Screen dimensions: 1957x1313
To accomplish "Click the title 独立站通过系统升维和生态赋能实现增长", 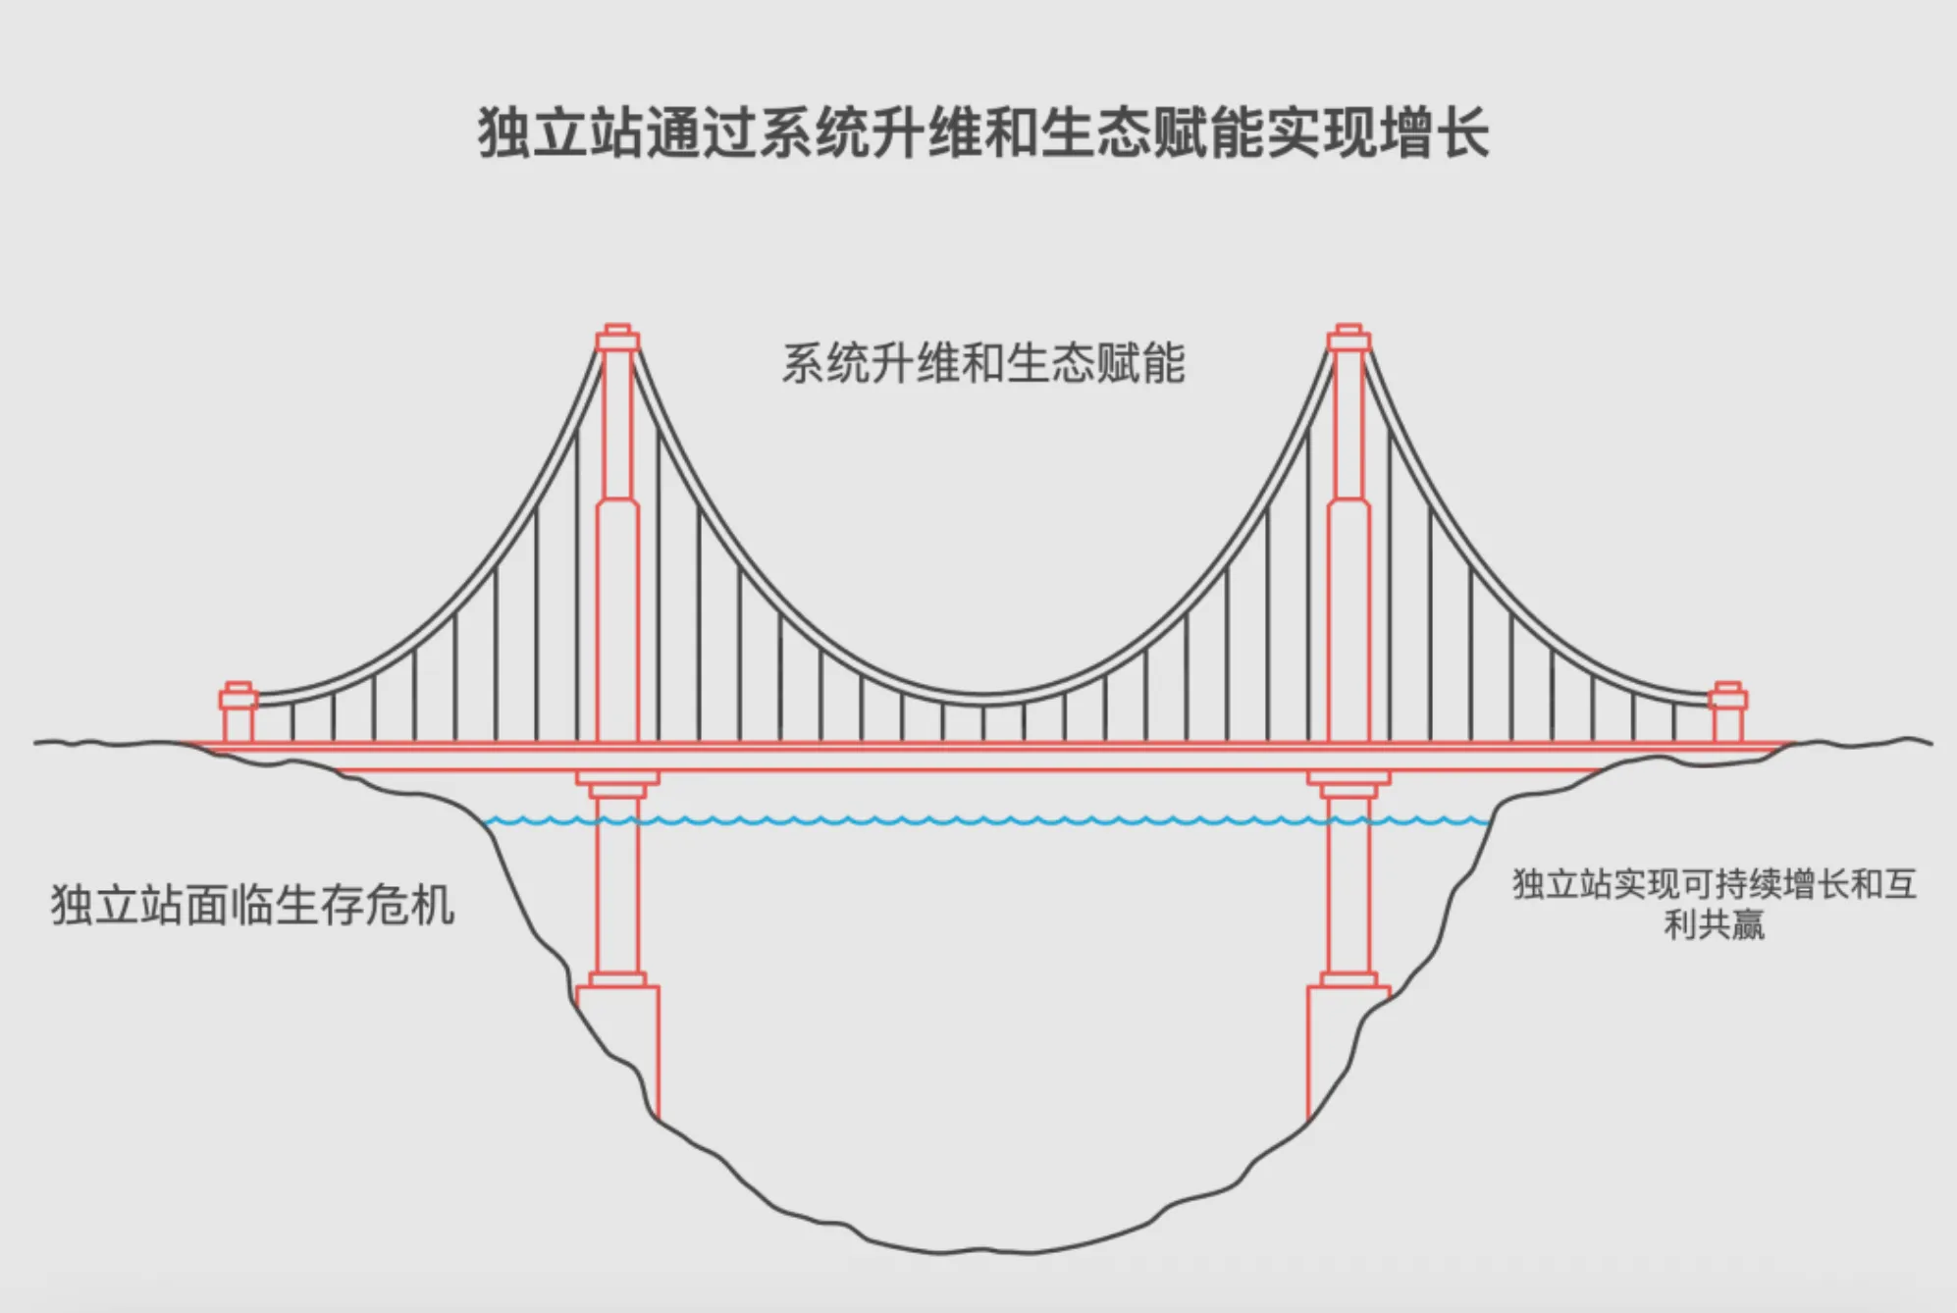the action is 983,132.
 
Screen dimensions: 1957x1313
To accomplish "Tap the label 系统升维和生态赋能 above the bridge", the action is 983,363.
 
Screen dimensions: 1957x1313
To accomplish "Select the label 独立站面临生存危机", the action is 252,904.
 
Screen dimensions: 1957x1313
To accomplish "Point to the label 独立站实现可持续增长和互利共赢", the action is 1714,904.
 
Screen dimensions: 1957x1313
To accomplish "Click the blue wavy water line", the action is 981,820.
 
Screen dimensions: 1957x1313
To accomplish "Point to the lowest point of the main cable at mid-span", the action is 983,698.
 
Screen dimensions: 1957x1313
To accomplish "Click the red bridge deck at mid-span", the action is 983,757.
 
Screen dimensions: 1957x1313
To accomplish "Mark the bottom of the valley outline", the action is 942,1251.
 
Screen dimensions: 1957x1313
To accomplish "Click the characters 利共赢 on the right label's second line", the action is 1715,924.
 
